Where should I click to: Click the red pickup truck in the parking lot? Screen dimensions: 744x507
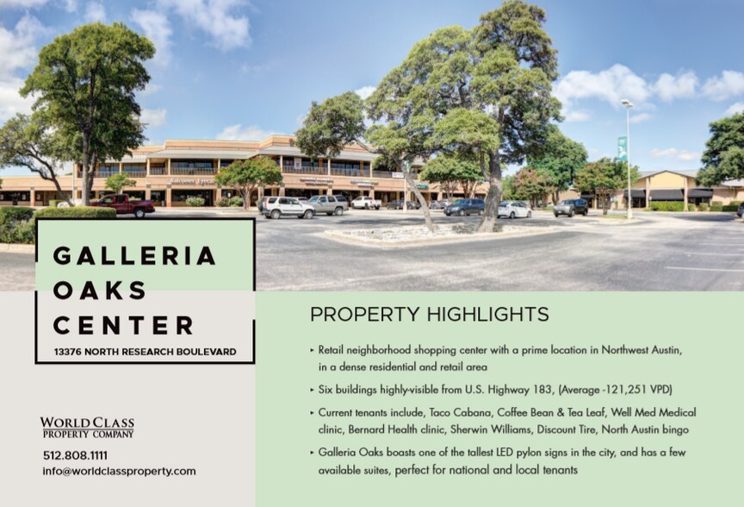point(122,204)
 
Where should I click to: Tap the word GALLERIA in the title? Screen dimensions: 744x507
point(134,256)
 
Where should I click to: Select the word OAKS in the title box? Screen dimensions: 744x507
point(100,291)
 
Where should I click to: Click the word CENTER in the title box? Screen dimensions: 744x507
point(123,325)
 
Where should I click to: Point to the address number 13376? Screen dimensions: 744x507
point(67,352)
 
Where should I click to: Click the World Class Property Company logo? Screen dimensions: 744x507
point(87,427)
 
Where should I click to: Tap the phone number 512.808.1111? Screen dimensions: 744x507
point(76,455)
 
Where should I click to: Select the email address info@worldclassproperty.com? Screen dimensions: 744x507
point(119,472)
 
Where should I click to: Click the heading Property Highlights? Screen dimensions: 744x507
point(430,315)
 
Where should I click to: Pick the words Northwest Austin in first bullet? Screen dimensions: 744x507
point(642,350)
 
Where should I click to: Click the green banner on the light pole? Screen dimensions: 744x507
point(622,148)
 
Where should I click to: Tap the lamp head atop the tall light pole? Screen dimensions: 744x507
point(627,103)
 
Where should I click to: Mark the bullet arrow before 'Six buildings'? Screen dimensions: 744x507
point(313,390)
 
